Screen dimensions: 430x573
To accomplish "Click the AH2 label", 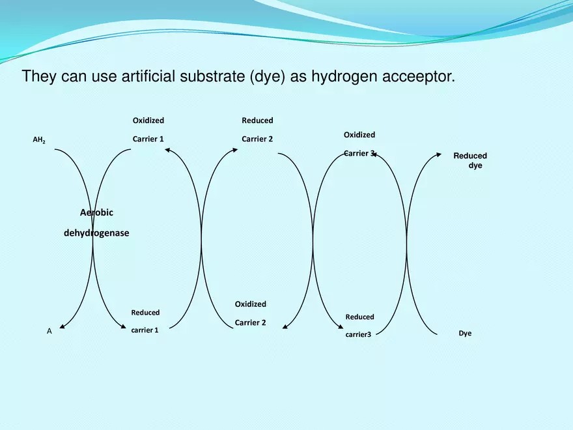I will click(39, 139).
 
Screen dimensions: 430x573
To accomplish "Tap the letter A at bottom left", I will click(49, 331).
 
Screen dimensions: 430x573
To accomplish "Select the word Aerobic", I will click(96, 212).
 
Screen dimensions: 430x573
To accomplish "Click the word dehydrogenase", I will click(96, 233).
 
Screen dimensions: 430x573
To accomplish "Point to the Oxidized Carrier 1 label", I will click(148, 130).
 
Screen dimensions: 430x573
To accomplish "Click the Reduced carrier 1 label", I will click(145, 321).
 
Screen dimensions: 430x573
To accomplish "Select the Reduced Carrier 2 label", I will click(257, 130).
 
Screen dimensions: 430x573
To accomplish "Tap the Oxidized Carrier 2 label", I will click(250, 313).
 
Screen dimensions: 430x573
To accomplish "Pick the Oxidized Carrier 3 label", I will click(359, 144).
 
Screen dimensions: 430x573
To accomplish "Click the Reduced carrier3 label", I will click(359, 326).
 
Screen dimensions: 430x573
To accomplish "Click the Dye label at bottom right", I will click(465, 333).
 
